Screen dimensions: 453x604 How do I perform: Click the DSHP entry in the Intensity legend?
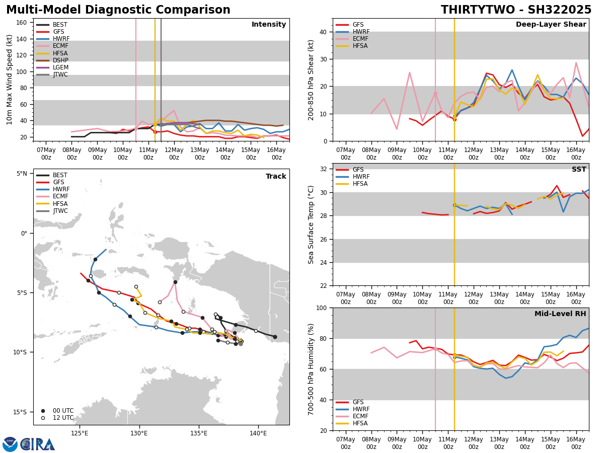pos(60,60)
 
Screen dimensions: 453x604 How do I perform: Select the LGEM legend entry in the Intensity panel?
pos(60,67)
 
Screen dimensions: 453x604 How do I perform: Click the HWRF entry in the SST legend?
pos(361,177)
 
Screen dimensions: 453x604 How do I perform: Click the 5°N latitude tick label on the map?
pos(22,174)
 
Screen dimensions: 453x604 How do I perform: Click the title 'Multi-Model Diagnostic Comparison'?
pos(118,10)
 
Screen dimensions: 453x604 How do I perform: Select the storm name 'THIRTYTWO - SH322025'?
pos(516,10)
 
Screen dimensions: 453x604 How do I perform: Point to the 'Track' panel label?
pos(276,177)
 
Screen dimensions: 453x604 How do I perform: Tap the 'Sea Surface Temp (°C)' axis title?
pos(312,224)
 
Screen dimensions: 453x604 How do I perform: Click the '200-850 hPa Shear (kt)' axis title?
pos(312,80)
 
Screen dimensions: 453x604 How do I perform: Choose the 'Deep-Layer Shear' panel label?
pos(551,25)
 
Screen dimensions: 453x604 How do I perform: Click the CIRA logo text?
pos(38,444)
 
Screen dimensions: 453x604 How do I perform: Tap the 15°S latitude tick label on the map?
pos(20,412)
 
